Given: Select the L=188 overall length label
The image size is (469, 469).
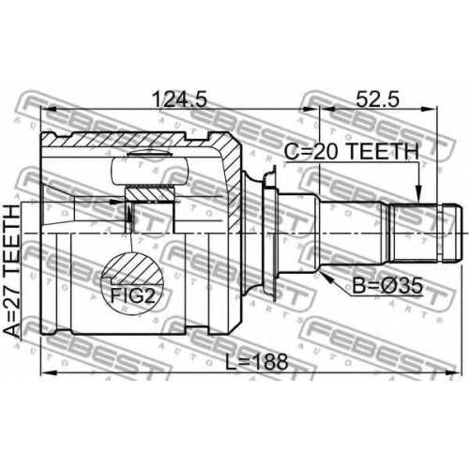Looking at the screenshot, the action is coord(256,361).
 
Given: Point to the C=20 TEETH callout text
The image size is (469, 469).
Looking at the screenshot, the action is coord(351,152).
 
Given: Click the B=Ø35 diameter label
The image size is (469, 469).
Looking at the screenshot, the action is coord(387,286).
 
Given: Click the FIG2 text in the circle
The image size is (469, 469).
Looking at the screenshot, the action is coord(133,295).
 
